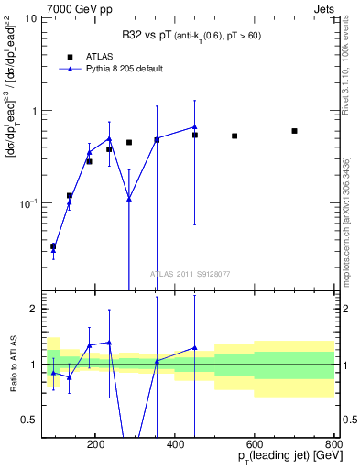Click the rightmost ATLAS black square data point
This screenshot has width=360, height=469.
tap(294, 131)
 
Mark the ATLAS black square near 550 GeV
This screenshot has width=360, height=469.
tap(235, 136)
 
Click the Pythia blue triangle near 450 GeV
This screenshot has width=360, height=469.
tap(195, 127)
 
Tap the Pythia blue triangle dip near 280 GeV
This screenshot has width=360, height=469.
tap(129, 199)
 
